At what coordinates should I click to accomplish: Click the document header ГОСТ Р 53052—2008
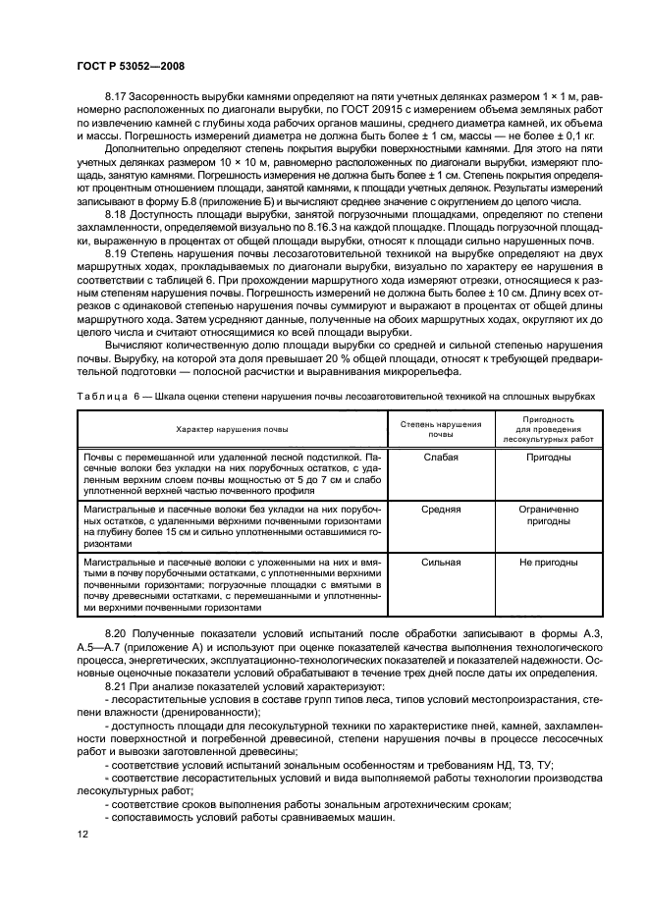click(x=130, y=65)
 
